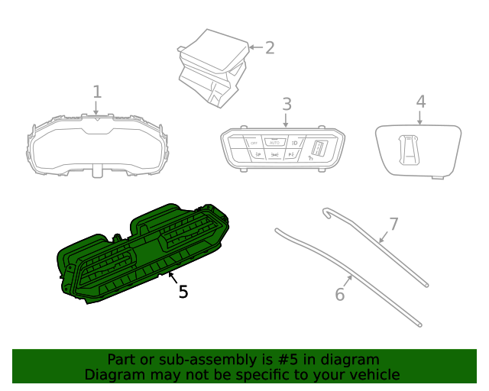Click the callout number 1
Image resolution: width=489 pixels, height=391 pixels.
pos(97,92)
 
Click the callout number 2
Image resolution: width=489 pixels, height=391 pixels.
pos(269,48)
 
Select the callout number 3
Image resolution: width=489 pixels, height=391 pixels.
pos(287,103)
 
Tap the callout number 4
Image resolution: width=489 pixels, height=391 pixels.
pos(420,101)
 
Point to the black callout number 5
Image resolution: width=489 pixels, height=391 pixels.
pos(183,291)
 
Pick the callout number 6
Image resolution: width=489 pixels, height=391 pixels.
pos(340,294)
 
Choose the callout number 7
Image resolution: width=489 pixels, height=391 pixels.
pos(393,224)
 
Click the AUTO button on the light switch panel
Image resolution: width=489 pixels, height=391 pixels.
pos(274,142)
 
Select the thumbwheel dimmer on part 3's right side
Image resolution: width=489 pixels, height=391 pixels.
pos(320,149)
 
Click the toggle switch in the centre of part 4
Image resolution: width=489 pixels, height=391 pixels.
pos(411,148)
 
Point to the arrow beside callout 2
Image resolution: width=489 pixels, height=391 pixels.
pos(254,48)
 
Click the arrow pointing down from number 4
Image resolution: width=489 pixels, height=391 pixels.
pos(420,118)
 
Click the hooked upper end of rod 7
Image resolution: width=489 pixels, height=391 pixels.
pos(326,210)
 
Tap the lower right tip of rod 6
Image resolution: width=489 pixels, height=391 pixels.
pos(419,326)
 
